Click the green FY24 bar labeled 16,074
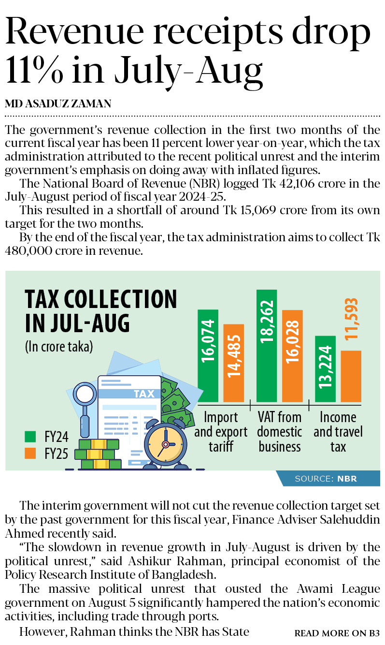click(x=208, y=355)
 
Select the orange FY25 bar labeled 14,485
click(x=234, y=363)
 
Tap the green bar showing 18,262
click(x=267, y=346)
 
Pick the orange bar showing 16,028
click(x=292, y=356)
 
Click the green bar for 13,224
click(x=325, y=368)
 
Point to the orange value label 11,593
click(x=351, y=319)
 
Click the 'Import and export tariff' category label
click(x=221, y=432)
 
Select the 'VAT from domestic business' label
click(x=280, y=432)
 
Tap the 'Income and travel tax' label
click(x=338, y=432)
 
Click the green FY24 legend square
click(x=30, y=437)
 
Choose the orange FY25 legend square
click(x=30, y=454)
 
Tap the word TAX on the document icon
click(x=144, y=394)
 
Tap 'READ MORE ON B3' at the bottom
click(x=337, y=633)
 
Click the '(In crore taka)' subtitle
click(x=58, y=347)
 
